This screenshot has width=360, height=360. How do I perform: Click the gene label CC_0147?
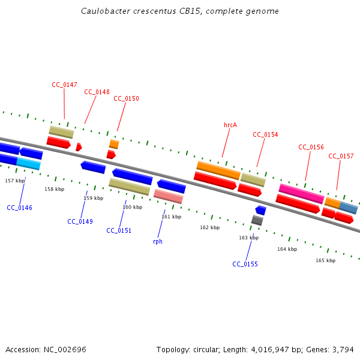pyautogui.click(x=64, y=85)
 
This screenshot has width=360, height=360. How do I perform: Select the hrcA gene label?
pyautogui.click(x=230, y=125)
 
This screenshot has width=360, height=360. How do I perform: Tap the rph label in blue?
pyautogui.click(x=158, y=241)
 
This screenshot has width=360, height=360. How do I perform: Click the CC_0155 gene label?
pyautogui.click(x=245, y=264)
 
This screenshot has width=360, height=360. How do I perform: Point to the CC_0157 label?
pyautogui.click(x=341, y=156)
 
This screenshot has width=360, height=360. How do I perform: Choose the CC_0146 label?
pyautogui.click(x=20, y=208)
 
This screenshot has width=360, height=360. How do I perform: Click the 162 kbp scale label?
pyautogui.click(x=209, y=227)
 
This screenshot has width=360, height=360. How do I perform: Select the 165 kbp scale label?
pyautogui.click(x=325, y=260)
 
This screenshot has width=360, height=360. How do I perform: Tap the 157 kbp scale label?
pyautogui.click(x=15, y=181)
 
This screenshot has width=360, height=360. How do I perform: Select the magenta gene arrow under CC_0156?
pyautogui.click(x=301, y=193)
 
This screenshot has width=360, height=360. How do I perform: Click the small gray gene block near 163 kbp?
pyautogui.click(x=257, y=220)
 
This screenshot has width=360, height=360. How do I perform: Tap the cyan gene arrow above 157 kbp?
pyautogui.click(x=28, y=163)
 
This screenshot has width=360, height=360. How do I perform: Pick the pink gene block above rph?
pyautogui.click(x=168, y=196)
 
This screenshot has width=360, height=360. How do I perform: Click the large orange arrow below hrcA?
pyautogui.click(x=218, y=170)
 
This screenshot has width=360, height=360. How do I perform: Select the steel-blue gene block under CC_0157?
pyautogui.click(x=349, y=208)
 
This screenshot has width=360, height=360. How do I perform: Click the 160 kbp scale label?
pyautogui.click(x=132, y=207)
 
